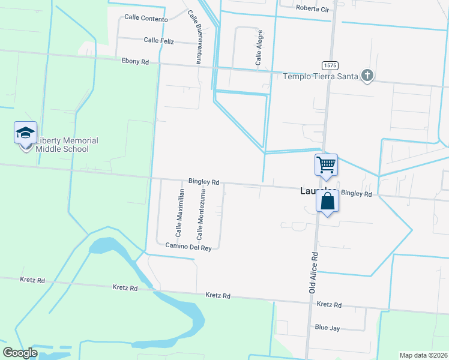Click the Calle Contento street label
tap(146, 19)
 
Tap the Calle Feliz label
tap(158, 40)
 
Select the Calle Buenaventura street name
tap(193, 37)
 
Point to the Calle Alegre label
tap(259, 47)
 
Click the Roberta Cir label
tap(313, 8)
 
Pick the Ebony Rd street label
tap(134, 61)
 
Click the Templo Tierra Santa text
tap(321, 76)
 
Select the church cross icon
tap(367, 76)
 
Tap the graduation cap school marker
tap(26, 133)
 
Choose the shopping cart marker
tap(326, 164)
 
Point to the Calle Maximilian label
tap(178, 213)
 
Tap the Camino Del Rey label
tap(188, 247)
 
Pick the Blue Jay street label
tap(327, 328)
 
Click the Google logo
tap(20, 353)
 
